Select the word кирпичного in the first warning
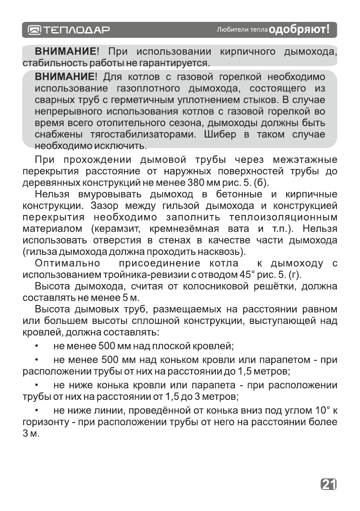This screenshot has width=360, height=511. pyautogui.click(x=247, y=52)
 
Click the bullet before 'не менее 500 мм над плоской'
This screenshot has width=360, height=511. pyautogui.click(x=37, y=345)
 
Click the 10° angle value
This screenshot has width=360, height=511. pyautogui.click(x=322, y=411)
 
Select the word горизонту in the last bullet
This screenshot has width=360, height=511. pyautogui.click(x=45, y=422)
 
